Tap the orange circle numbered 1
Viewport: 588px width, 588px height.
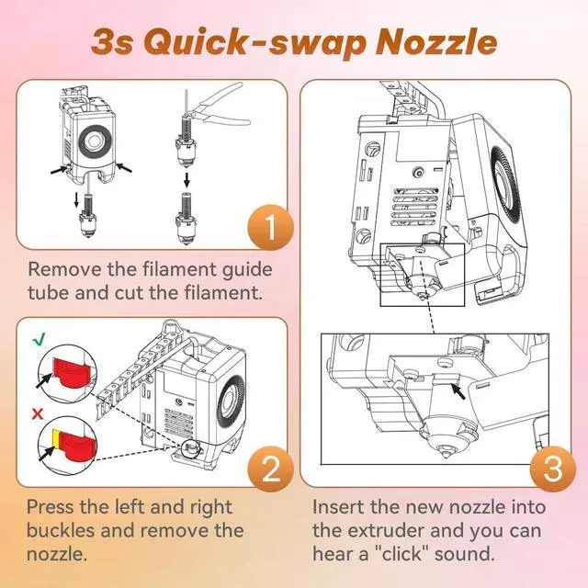[x=271, y=227]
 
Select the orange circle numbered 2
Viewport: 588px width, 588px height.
[x=271, y=469]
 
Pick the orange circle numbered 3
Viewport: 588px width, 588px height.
[x=553, y=469]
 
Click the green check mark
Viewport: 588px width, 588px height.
[x=39, y=339]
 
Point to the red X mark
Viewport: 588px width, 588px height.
[x=38, y=414]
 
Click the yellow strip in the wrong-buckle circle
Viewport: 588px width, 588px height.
[x=55, y=439]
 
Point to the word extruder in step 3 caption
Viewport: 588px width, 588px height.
[x=386, y=531]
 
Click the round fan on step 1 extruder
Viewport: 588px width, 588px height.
[x=93, y=141]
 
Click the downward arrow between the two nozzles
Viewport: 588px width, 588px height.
[x=187, y=179]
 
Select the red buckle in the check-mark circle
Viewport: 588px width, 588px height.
[x=72, y=372]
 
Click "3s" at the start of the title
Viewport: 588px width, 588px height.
[x=112, y=42]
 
